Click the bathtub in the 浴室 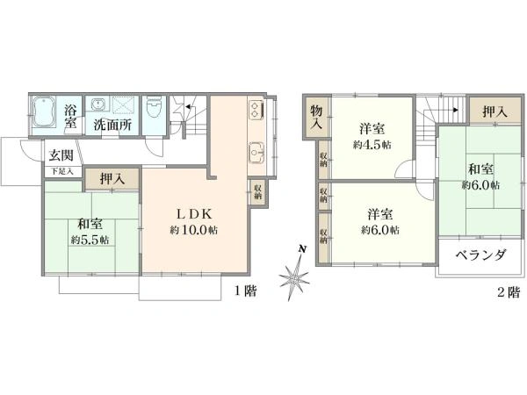[44, 111]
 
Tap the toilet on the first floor [155, 107]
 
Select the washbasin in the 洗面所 [98, 104]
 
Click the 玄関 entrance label [61, 155]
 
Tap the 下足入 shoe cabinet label [62, 171]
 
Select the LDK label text [195, 214]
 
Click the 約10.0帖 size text [193, 230]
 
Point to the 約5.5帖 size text [90, 241]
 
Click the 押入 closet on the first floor [112, 179]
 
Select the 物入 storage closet [316, 117]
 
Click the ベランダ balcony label [481, 255]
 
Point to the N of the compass [303, 249]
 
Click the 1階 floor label [246, 291]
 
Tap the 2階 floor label [509, 292]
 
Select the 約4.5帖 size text [372, 145]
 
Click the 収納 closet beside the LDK [257, 192]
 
